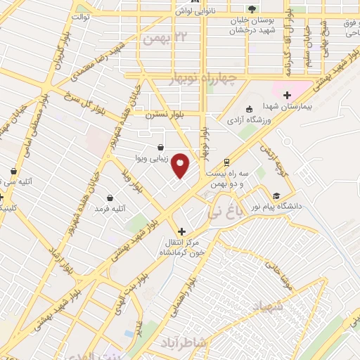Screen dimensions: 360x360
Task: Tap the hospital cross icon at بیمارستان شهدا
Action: (x=286, y=95)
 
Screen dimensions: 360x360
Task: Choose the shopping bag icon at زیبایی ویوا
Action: (x=162, y=148)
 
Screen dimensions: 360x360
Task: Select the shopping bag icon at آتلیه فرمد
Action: (x=110, y=198)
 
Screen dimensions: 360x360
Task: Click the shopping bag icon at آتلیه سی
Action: (x=13, y=171)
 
